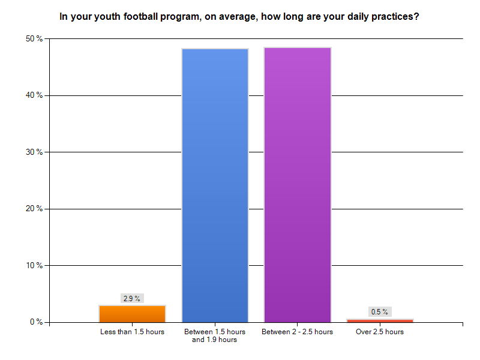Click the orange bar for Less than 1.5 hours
coord(132,314)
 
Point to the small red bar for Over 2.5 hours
coord(380,320)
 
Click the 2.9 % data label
coord(132,298)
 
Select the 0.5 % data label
coord(380,311)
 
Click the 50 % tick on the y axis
coord(35,39)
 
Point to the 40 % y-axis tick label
coord(35,95)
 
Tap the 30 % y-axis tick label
coord(35,152)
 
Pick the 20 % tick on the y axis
coord(35,209)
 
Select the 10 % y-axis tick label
coord(35,265)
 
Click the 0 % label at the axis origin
coord(37,322)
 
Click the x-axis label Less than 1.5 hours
coord(132,332)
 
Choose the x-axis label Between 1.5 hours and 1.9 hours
coord(215,335)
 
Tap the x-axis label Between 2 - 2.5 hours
coord(297,332)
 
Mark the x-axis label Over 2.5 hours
coord(380,332)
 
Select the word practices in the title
coord(394,17)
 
